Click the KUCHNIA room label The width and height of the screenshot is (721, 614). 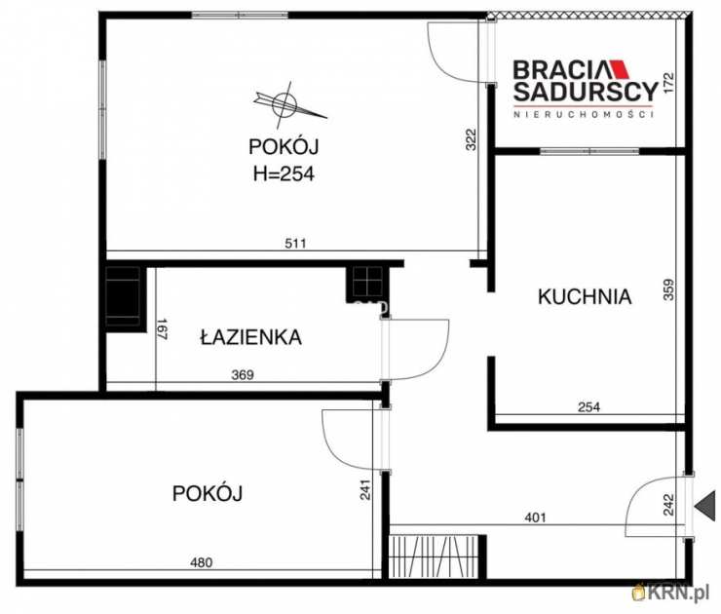coord(585,297)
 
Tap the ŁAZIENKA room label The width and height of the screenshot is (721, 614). coord(250,338)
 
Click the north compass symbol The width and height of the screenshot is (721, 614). coord(285,102)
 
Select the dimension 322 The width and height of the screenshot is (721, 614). coord(471,140)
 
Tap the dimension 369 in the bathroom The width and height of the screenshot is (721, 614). coord(244,374)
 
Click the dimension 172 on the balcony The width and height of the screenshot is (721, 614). coord(668,84)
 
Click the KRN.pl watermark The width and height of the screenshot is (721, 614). coord(672,592)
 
